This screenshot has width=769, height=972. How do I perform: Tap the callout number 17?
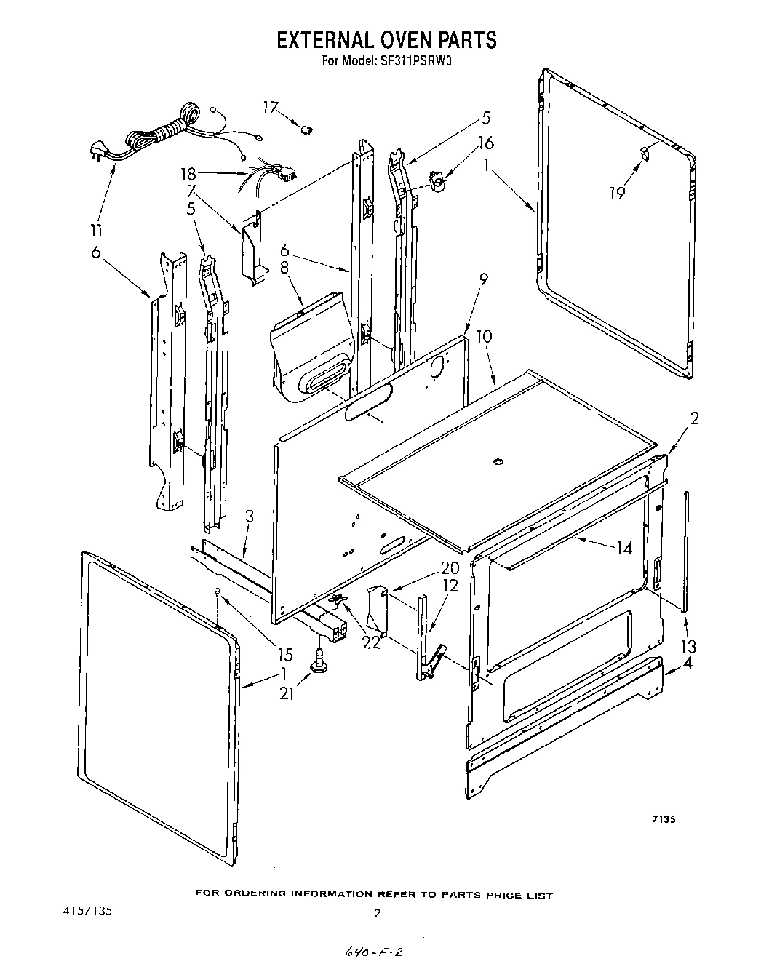[x=270, y=108]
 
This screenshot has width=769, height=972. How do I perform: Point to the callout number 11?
[x=96, y=231]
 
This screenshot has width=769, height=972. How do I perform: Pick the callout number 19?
[x=617, y=194]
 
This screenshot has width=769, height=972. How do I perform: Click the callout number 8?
[x=284, y=267]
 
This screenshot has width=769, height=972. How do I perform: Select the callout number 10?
[x=484, y=336]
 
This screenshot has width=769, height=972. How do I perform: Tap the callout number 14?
[x=623, y=548]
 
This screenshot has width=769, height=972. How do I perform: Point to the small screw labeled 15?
[x=217, y=591]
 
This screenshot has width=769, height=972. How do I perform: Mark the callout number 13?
[x=688, y=646]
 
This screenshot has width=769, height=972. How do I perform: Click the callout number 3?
[x=249, y=517]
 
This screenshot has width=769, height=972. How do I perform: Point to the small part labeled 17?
[x=307, y=130]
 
